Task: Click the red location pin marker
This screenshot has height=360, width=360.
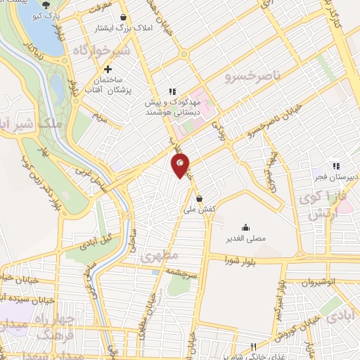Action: pyautogui.click(x=181, y=167)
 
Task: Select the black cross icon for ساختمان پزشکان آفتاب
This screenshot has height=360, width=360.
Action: pyautogui.click(x=108, y=70)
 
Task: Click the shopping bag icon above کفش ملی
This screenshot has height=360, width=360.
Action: pyautogui.click(x=200, y=199)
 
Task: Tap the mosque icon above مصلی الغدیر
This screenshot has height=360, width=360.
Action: pyautogui.click(x=245, y=227)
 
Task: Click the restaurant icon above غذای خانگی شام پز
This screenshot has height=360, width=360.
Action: pyautogui.click(x=254, y=347)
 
